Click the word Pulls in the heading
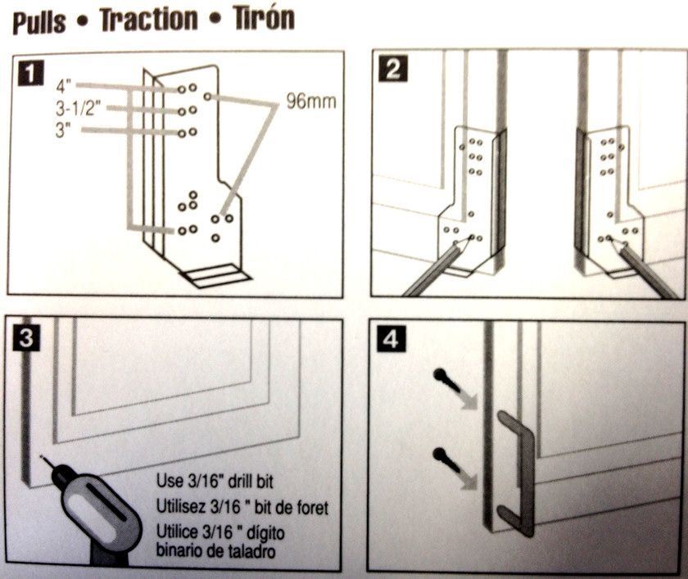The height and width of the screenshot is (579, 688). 38,21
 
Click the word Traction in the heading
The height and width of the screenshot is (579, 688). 147,20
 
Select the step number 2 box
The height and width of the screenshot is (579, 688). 392,69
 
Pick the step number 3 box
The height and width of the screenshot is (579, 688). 28,337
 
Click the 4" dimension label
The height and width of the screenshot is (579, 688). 66,85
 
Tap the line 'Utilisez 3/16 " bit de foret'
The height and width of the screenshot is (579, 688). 242,508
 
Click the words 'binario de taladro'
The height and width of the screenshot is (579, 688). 215,550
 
